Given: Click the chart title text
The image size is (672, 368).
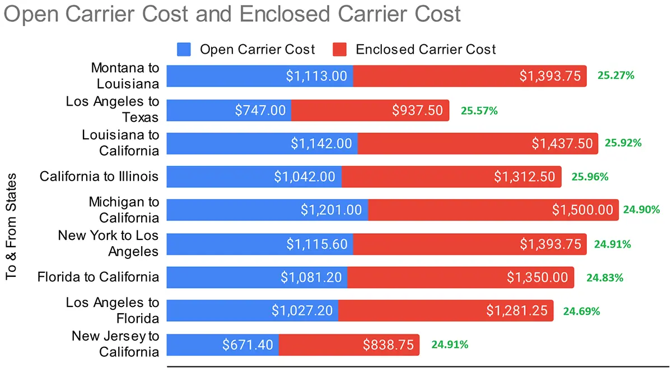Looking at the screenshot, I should [x=232, y=15].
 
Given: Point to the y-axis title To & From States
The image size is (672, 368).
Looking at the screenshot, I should [x=12, y=227].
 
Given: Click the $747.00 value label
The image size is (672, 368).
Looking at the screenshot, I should [x=260, y=110].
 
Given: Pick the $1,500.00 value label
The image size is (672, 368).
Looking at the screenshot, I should [x=582, y=210].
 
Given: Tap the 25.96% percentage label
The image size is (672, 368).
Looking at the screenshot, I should [x=590, y=177].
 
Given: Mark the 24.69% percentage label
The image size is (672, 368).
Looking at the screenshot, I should [x=581, y=311].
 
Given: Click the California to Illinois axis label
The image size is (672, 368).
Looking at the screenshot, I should [x=99, y=177].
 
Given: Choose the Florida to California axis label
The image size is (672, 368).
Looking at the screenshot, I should [x=98, y=277].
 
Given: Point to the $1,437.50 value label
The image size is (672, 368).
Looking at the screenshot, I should [x=562, y=144].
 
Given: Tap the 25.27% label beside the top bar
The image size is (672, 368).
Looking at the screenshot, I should [x=616, y=75].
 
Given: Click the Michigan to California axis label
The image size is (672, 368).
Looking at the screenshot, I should [x=124, y=210].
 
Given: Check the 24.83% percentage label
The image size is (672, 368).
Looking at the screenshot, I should [x=605, y=277].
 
